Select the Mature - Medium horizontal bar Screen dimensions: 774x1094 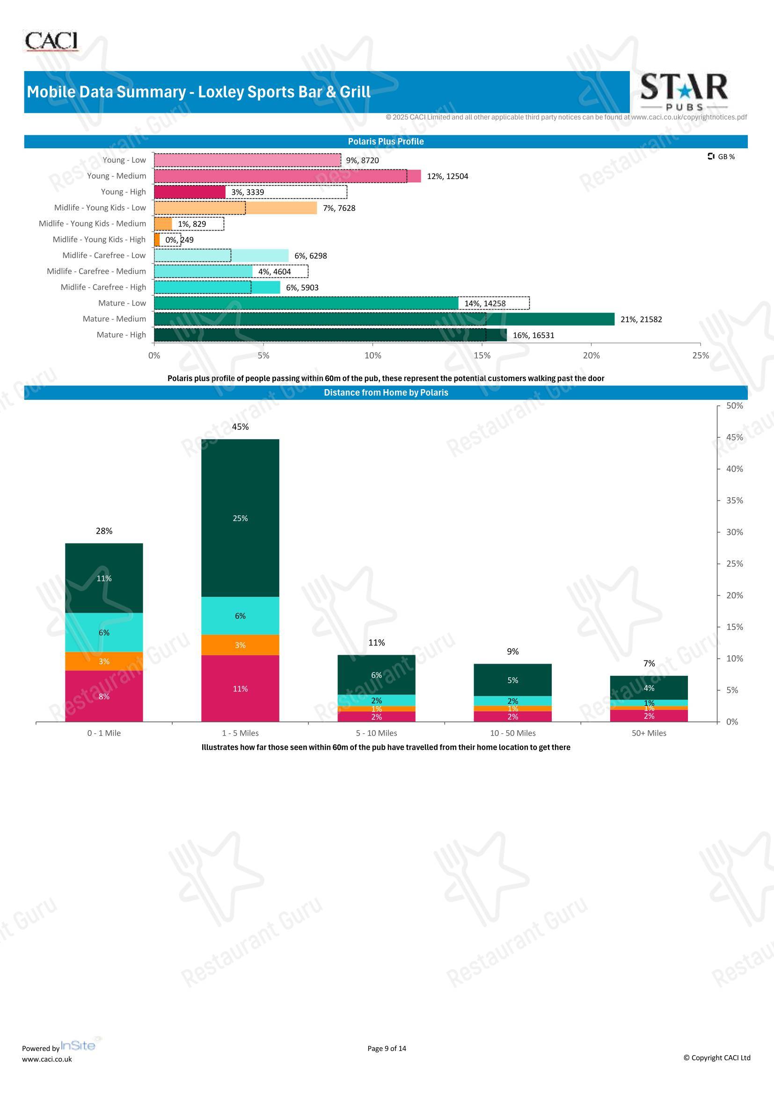click(x=384, y=319)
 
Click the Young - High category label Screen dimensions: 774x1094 click(x=124, y=192)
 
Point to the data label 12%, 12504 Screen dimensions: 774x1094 click(x=447, y=176)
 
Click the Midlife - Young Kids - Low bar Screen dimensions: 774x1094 click(x=235, y=208)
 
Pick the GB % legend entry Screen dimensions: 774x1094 click(x=721, y=157)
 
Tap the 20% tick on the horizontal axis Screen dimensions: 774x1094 click(x=591, y=355)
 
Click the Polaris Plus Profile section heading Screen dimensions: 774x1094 click(x=386, y=142)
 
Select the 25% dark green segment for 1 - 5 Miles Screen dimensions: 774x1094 click(x=240, y=518)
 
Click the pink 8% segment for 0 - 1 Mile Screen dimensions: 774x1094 click(x=104, y=696)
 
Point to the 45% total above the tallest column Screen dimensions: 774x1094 click(x=240, y=427)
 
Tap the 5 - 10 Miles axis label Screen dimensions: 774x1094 click(x=377, y=733)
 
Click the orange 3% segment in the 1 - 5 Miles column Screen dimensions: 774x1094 click(x=240, y=645)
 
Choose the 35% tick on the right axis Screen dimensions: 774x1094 click(x=734, y=500)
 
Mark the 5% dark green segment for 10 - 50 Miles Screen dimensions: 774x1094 click(x=513, y=680)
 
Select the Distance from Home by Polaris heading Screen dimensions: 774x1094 click(x=386, y=392)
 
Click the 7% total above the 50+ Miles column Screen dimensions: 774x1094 click(x=649, y=663)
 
